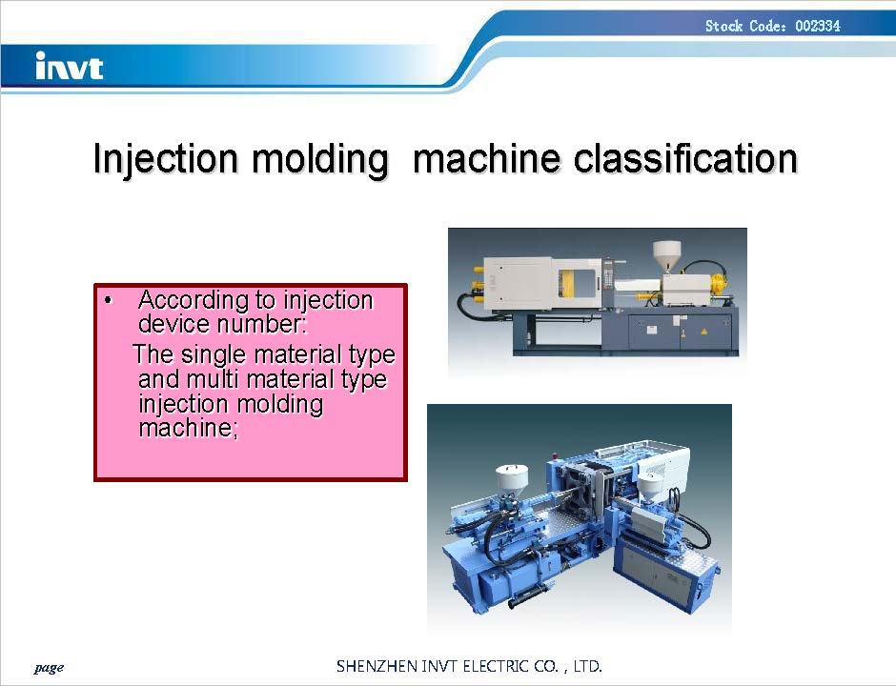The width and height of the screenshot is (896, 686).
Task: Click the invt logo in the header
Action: (x=70, y=66)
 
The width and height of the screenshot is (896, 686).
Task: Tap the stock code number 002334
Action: (x=818, y=26)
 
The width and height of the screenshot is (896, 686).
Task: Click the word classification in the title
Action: (x=685, y=158)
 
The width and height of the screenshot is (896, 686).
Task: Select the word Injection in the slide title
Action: (x=165, y=159)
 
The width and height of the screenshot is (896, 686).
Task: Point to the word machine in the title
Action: (x=486, y=158)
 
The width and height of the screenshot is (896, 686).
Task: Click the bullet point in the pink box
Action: (x=109, y=300)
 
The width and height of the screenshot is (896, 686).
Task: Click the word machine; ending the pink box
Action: (x=188, y=428)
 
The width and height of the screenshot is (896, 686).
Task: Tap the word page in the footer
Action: (x=50, y=668)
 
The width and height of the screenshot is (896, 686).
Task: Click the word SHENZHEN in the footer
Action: (x=377, y=666)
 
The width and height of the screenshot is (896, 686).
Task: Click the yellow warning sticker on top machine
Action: (x=704, y=331)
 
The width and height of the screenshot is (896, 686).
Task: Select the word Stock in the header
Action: (x=724, y=26)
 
